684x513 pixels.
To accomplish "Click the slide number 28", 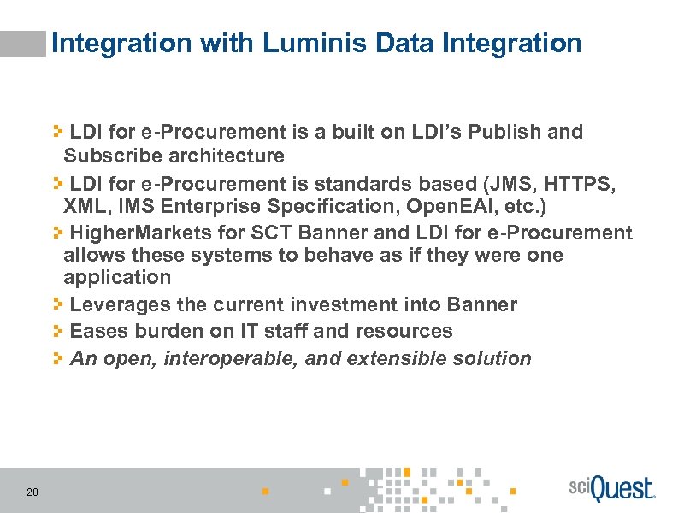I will (x=32, y=492).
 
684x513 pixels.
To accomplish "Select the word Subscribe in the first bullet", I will (x=107, y=156).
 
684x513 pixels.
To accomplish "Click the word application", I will (x=117, y=278).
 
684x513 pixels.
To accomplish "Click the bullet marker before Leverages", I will (x=57, y=304).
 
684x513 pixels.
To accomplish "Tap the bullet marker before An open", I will (x=57, y=357).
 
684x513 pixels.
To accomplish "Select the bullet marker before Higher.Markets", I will (x=57, y=232).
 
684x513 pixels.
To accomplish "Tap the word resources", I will (x=407, y=331).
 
